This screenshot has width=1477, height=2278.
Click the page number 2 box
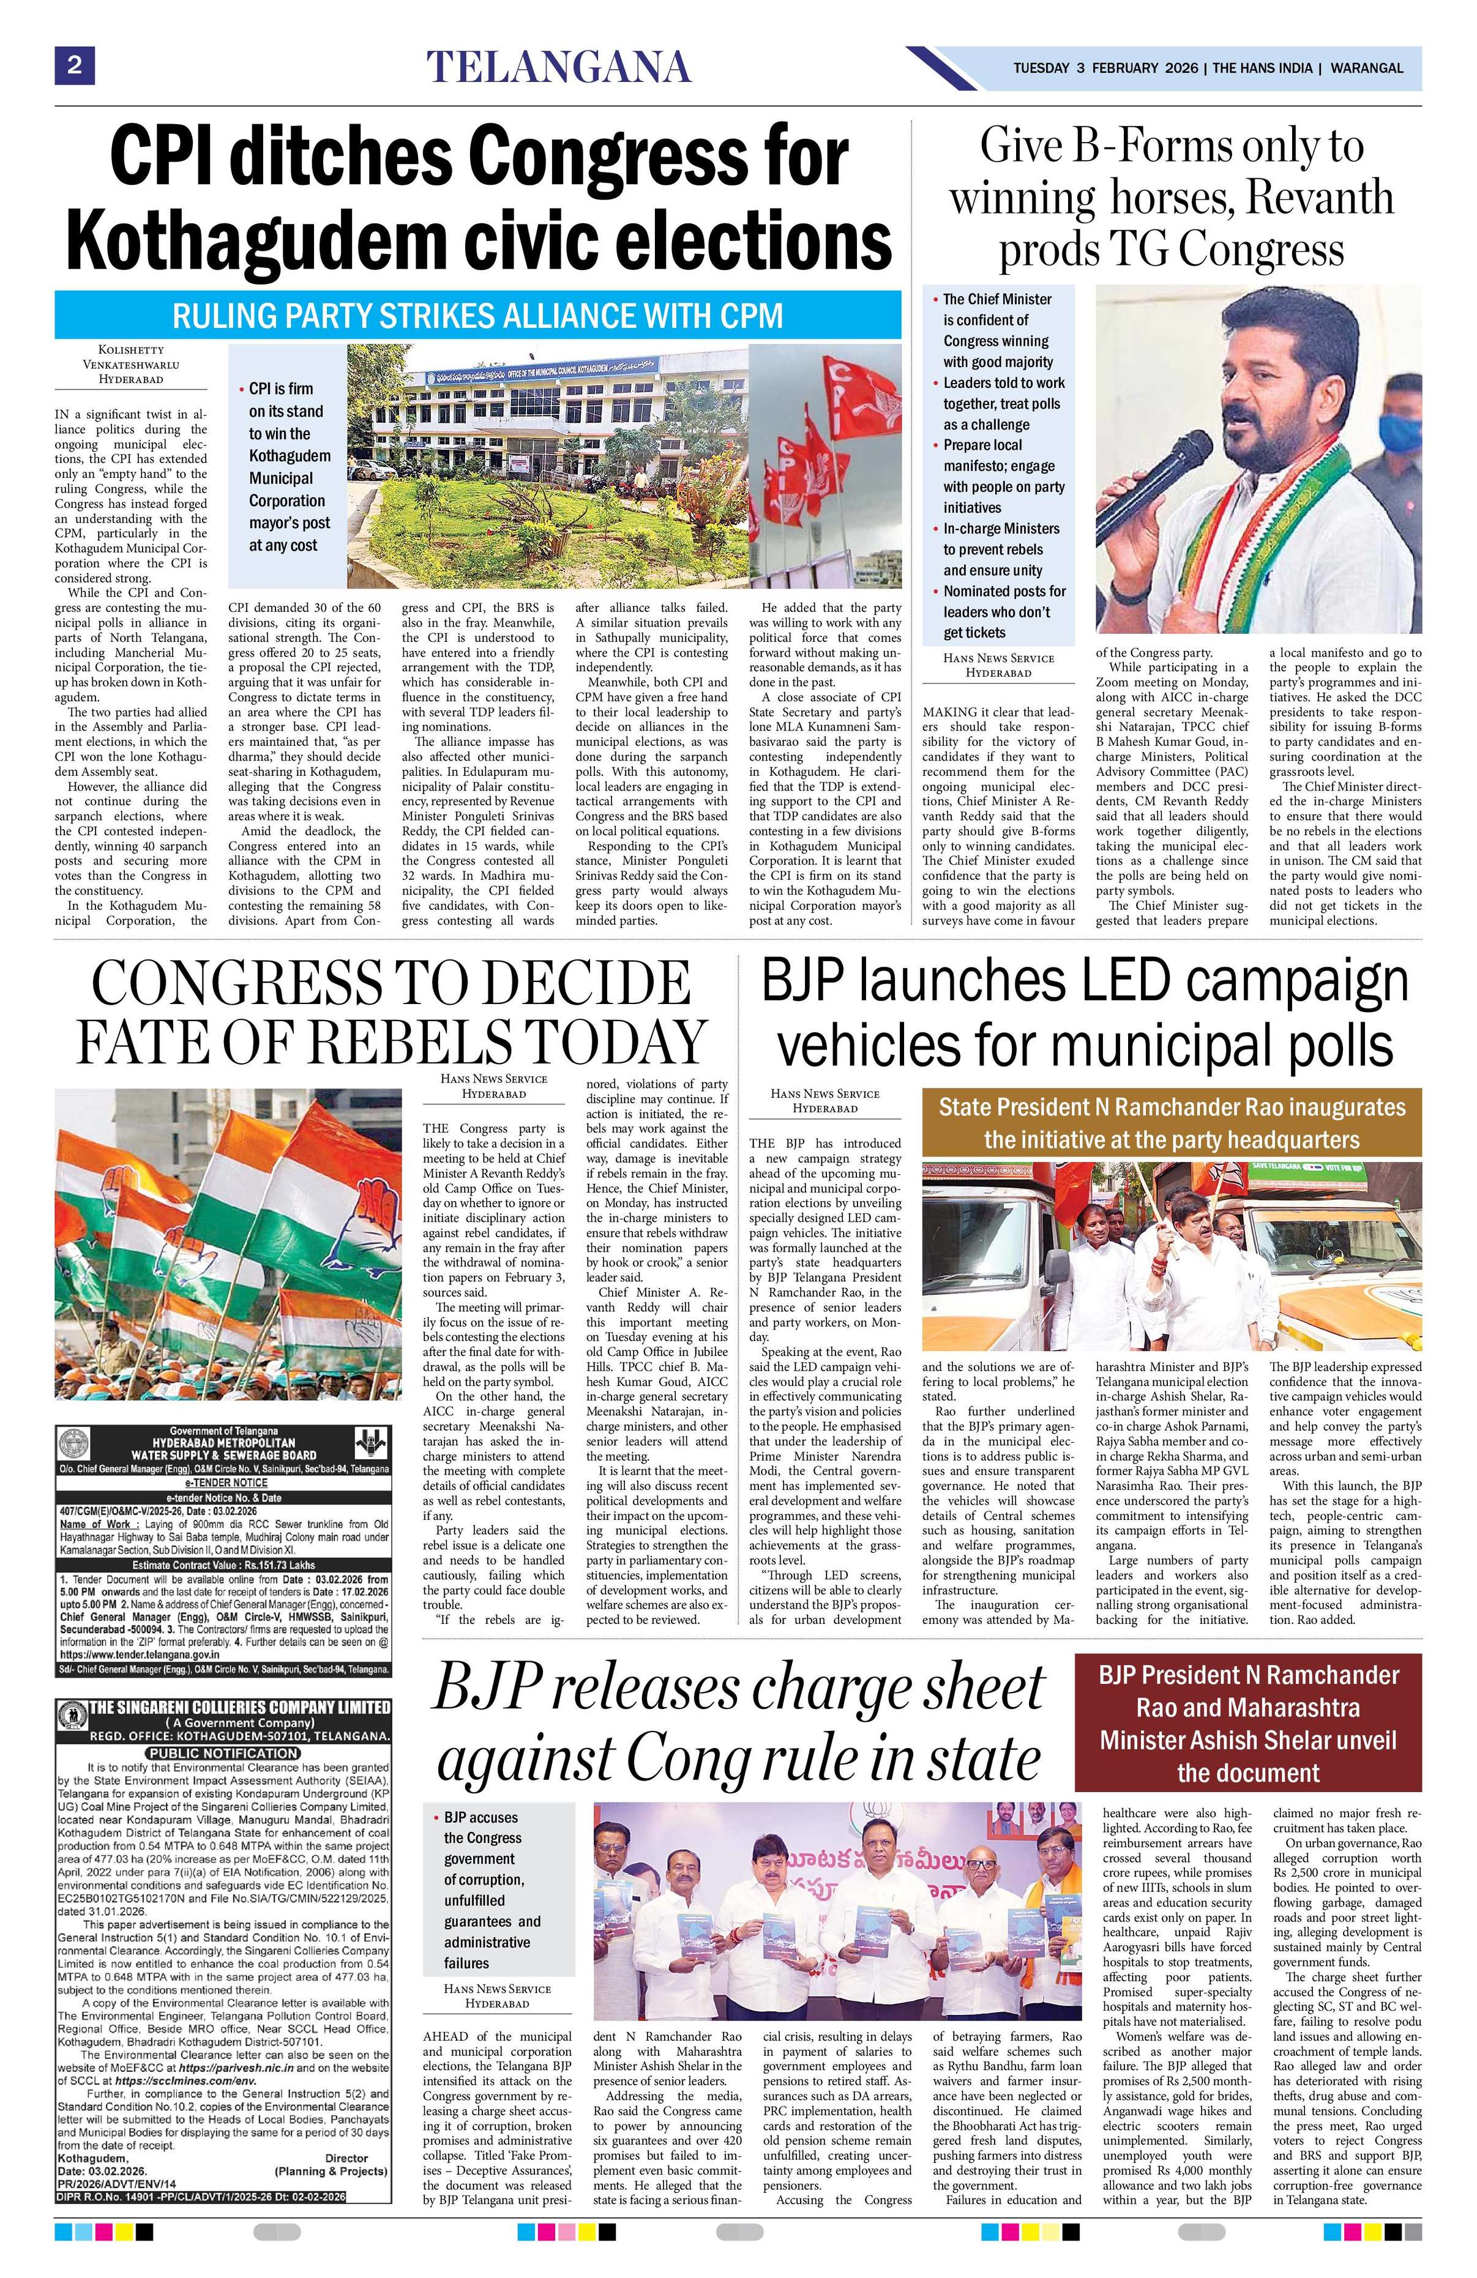point(73,66)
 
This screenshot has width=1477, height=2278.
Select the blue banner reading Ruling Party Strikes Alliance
point(477,315)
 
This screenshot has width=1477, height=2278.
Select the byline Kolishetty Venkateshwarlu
point(130,363)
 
